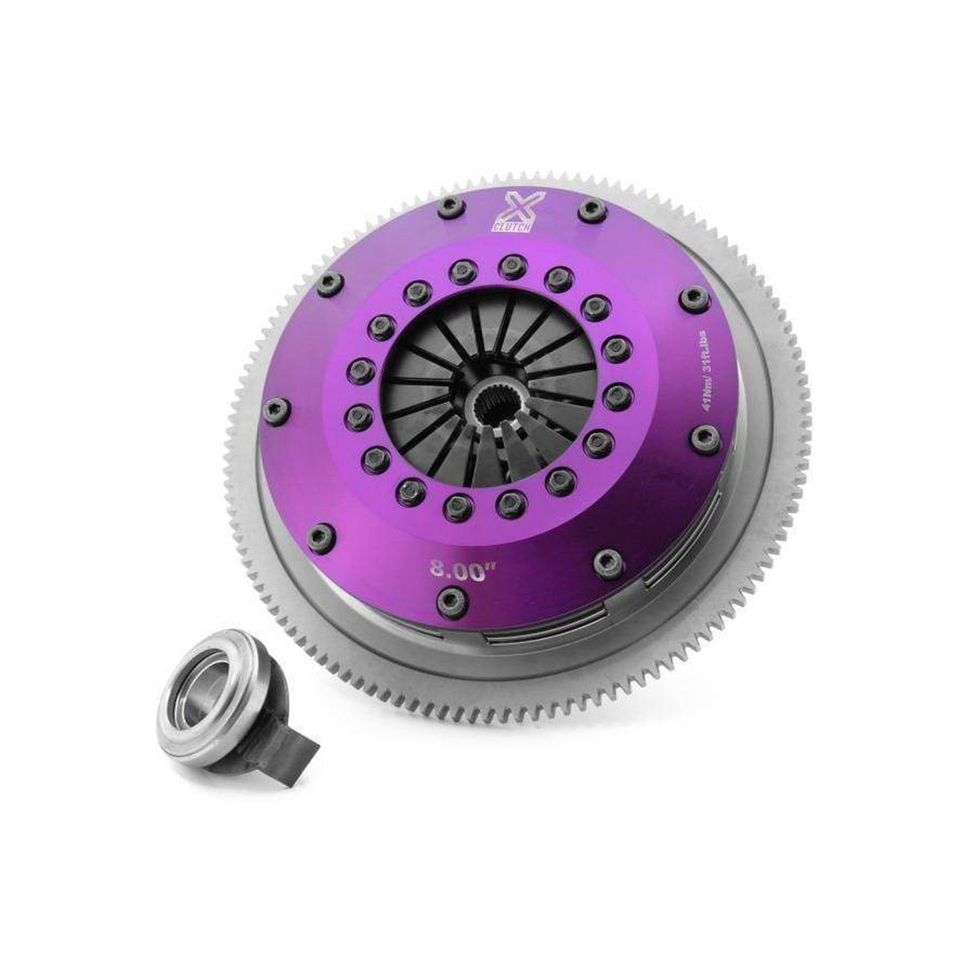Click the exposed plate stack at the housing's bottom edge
[x=525, y=637]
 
